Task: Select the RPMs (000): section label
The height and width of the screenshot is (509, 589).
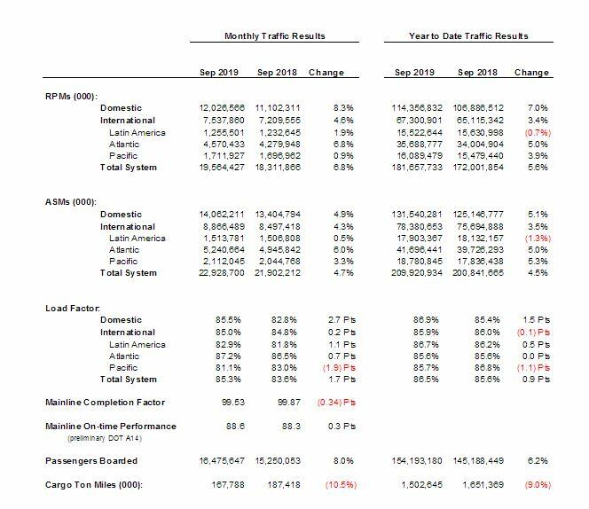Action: coord(71,95)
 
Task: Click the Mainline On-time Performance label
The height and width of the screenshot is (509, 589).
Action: coord(111,427)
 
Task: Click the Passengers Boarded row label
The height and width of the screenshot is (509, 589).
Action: coord(92,461)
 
